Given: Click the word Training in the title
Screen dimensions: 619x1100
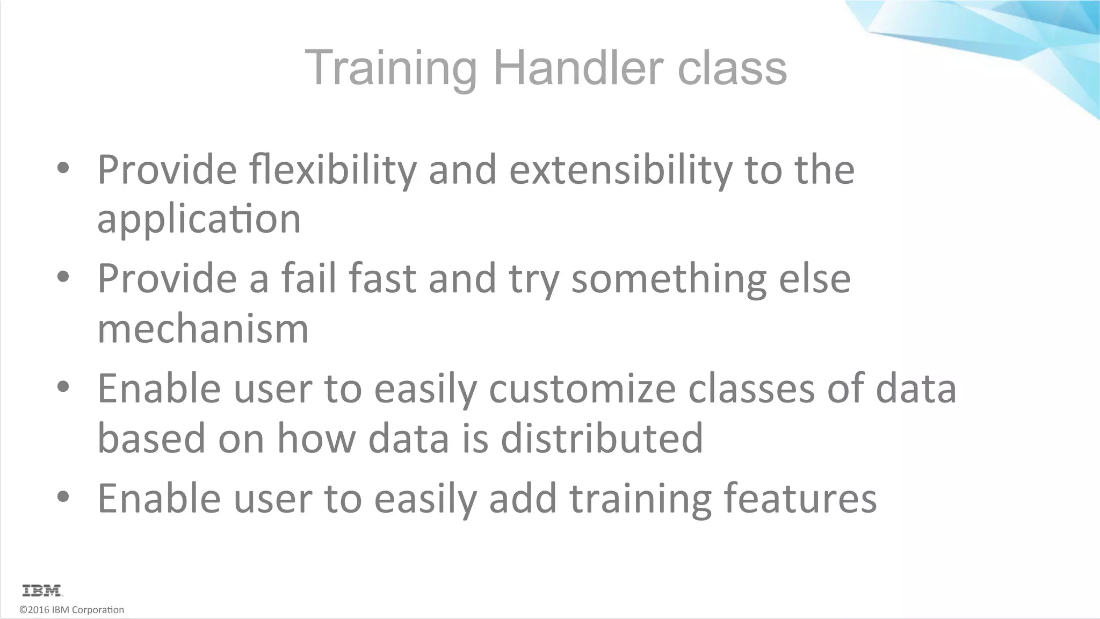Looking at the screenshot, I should coord(390,68).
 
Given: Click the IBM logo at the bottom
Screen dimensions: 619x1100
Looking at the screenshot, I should coord(42,591).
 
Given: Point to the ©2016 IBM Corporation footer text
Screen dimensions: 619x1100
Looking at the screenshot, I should coord(71,610).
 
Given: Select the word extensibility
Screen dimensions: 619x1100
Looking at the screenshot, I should coord(620,170).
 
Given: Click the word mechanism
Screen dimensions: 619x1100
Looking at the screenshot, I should coord(203,329).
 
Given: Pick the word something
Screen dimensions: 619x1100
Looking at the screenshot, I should coord(669,279).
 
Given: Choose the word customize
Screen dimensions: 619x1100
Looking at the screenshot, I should coord(582,388).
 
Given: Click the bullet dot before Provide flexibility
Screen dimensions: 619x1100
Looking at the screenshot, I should coord(63,168).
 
